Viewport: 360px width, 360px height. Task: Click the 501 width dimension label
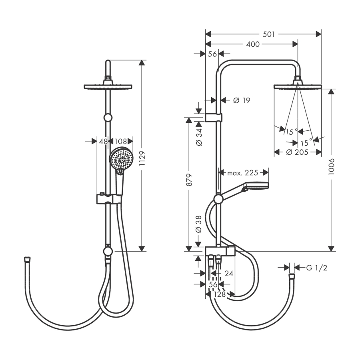coord(269,34)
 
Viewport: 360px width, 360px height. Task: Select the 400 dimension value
coord(253,44)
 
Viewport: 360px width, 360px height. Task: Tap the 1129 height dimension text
coord(142,158)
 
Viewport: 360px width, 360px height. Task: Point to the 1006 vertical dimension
coord(331,166)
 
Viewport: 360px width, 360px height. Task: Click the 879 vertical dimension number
coord(189,180)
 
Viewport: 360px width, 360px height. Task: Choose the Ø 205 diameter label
coord(297,152)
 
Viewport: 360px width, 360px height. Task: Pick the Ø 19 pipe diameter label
coord(242,100)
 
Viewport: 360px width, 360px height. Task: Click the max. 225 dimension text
coord(243,172)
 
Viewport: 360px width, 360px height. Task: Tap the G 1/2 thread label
coord(317,268)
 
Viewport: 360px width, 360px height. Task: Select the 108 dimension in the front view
coord(120,141)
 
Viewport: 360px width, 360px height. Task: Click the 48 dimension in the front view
coord(103,141)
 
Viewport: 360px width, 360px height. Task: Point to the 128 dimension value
coord(220,294)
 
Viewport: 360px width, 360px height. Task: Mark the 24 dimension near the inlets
coord(229,274)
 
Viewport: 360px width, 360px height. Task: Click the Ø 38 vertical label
coord(199,224)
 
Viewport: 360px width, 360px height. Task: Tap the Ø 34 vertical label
coord(199,137)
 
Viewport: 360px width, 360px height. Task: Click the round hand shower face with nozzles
coord(121,159)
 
